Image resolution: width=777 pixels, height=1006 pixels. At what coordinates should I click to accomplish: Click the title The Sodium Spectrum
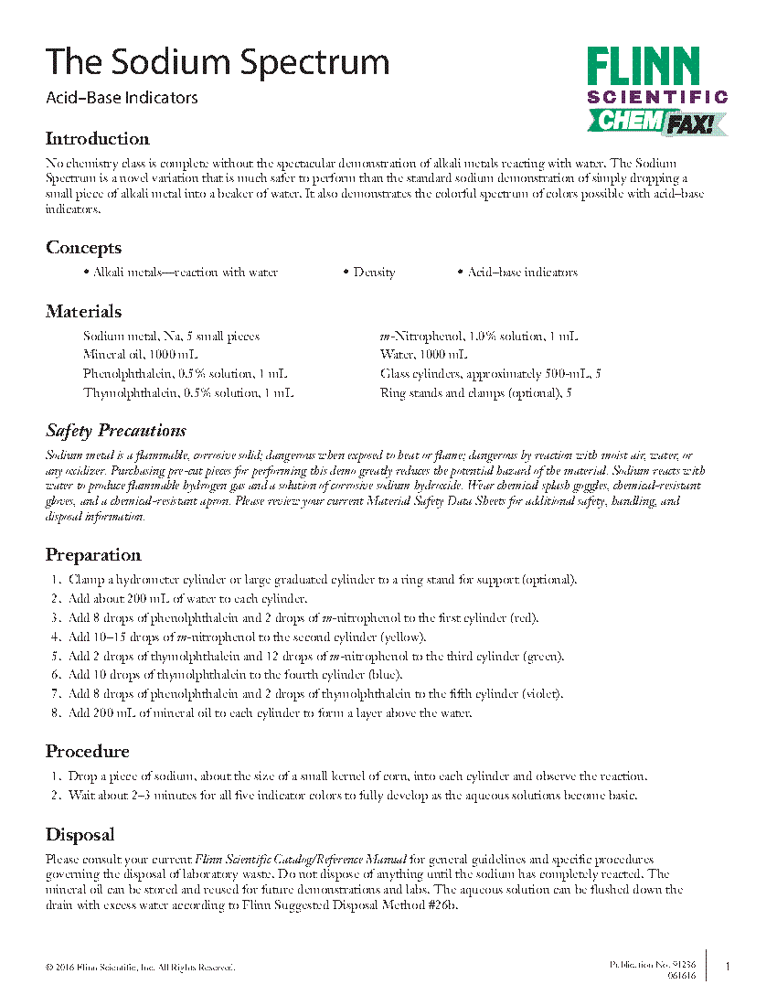[x=218, y=62]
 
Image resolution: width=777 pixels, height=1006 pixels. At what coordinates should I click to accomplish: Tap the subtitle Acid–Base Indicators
[x=122, y=98]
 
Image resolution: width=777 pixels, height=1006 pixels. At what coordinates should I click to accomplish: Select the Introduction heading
[x=98, y=139]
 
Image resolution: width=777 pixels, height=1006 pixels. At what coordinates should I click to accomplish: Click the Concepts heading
[x=83, y=248]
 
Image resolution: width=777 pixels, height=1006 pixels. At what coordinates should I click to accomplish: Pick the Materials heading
[x=83, y=312]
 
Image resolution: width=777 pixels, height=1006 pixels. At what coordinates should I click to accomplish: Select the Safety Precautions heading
[x=116, y=431]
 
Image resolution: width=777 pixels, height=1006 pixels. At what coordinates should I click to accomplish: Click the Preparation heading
[x=93, y=555]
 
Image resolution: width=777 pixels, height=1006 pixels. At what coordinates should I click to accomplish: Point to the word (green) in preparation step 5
[x=543, y=657]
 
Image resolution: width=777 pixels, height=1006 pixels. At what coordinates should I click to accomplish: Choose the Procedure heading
[x=88, y=752]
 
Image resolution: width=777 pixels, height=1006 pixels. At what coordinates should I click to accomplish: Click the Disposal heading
[x=80, y=835]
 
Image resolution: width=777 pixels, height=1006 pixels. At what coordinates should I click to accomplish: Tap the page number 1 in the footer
[x=728, y=967]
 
